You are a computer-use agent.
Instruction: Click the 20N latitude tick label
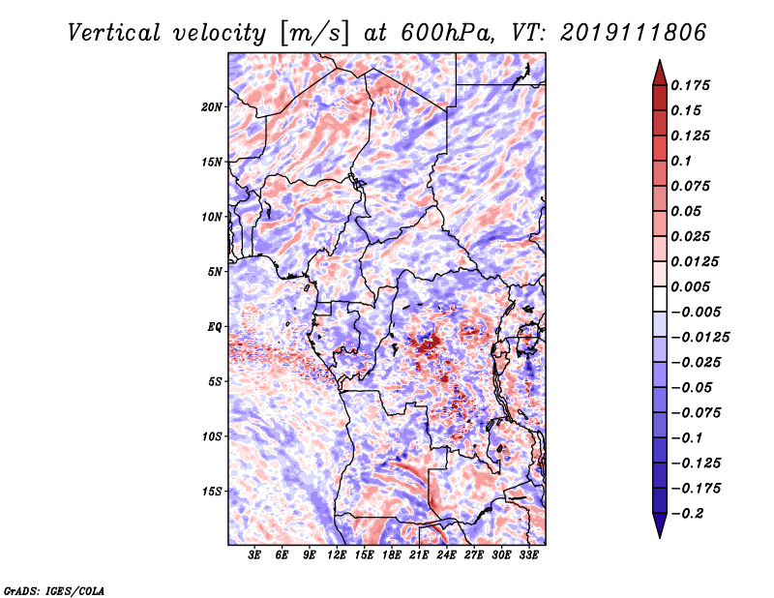coord(212,107)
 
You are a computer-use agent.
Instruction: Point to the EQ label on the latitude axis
coord(214,327)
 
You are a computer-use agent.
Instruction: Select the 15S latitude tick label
coord(212,492)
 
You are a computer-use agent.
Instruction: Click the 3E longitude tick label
coord(254,555)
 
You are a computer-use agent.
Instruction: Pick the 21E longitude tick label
coord(418,555)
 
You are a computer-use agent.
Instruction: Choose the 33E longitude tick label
coord(527,555)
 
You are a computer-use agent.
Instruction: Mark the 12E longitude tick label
coord(337,555)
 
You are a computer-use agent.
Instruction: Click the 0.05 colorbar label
coord(688,211)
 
